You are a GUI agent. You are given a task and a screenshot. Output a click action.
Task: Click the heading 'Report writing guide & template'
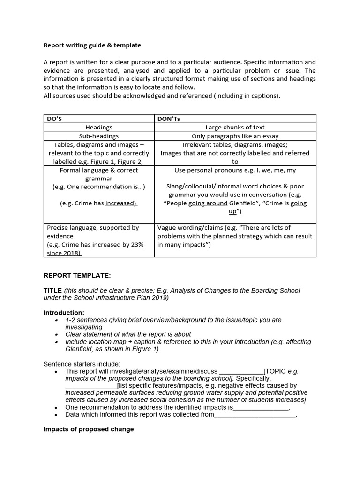[x=92, y=45]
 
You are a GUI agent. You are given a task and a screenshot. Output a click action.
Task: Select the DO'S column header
[x=55, y=119]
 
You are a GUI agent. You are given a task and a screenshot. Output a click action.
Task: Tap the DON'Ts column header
[x=169, y=119]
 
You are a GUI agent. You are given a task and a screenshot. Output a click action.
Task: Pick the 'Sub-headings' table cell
[x=99, y=136]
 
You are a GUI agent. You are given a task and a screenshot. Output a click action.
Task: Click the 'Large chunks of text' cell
[x=235, y=127]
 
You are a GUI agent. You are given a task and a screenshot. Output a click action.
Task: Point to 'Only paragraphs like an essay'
[x=235, y=136]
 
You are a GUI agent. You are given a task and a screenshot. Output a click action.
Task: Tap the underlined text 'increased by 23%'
[x=119, y=245]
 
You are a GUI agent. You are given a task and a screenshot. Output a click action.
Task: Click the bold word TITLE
[x=52, y=291]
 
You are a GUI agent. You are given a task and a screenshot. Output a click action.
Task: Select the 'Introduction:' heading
[x=64, y=313]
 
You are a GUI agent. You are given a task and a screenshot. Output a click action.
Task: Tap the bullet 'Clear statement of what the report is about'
[x=128, y=334]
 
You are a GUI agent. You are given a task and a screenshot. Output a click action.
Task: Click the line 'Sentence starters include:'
[x=82, y=364]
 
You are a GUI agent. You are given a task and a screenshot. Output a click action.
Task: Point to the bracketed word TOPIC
[x=276, y=371]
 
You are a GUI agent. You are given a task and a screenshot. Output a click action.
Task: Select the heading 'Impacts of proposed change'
[x=89, y=429]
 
